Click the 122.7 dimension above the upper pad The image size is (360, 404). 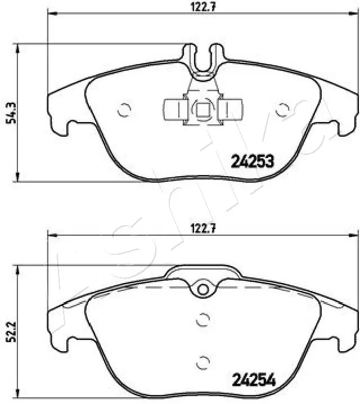[x=200, y=7]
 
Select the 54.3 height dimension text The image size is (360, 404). [x=10, y=113]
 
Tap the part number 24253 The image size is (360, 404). [x=253, y=162]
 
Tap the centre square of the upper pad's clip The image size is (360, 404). [x=202, y=109]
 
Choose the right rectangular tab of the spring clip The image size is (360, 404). [x=231, y=109]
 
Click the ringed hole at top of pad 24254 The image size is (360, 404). [x=202, y=289]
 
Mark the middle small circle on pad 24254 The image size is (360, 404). [x=203, y=319]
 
